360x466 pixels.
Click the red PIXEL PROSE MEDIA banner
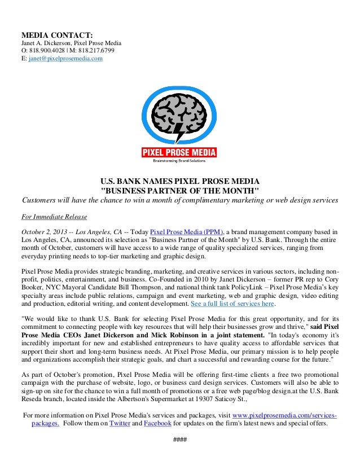(179, 152)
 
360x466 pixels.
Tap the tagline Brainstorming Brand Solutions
(179, 161)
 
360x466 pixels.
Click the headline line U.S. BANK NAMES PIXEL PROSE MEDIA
(179, 181)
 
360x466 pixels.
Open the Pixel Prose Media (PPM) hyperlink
(187, 232)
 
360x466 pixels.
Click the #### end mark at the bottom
(179, 440)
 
